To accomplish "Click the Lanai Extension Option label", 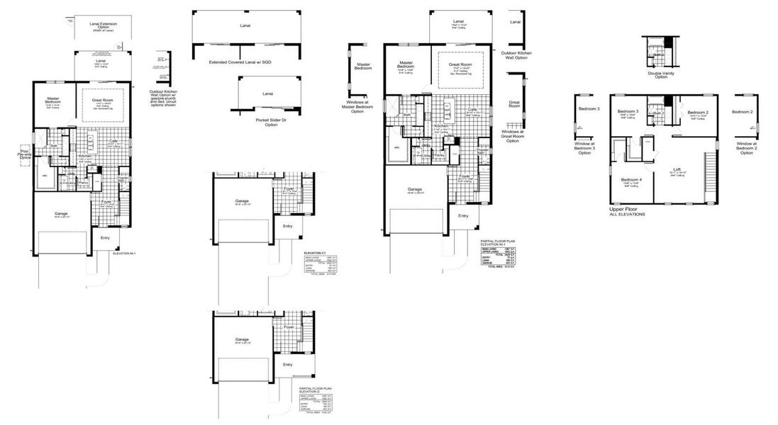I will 103,27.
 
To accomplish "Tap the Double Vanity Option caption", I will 661,74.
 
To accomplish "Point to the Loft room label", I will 677,169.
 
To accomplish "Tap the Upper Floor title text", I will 625,210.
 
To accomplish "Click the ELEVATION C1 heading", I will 313,252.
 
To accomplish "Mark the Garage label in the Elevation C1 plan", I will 242,201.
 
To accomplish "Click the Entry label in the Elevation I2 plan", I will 287,364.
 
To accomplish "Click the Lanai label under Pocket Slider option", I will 267,93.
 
